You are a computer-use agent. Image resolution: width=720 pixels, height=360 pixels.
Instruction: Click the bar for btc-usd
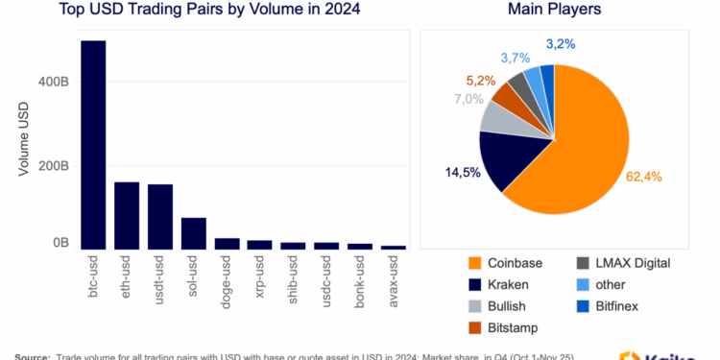pyautogui.click(x=93, y=144)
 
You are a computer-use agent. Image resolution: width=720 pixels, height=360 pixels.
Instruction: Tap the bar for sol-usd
pyautogui.click(x=194, y=233)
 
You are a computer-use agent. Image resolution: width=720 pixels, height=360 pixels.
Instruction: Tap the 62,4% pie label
pyautogui.click(x=644, y=176)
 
